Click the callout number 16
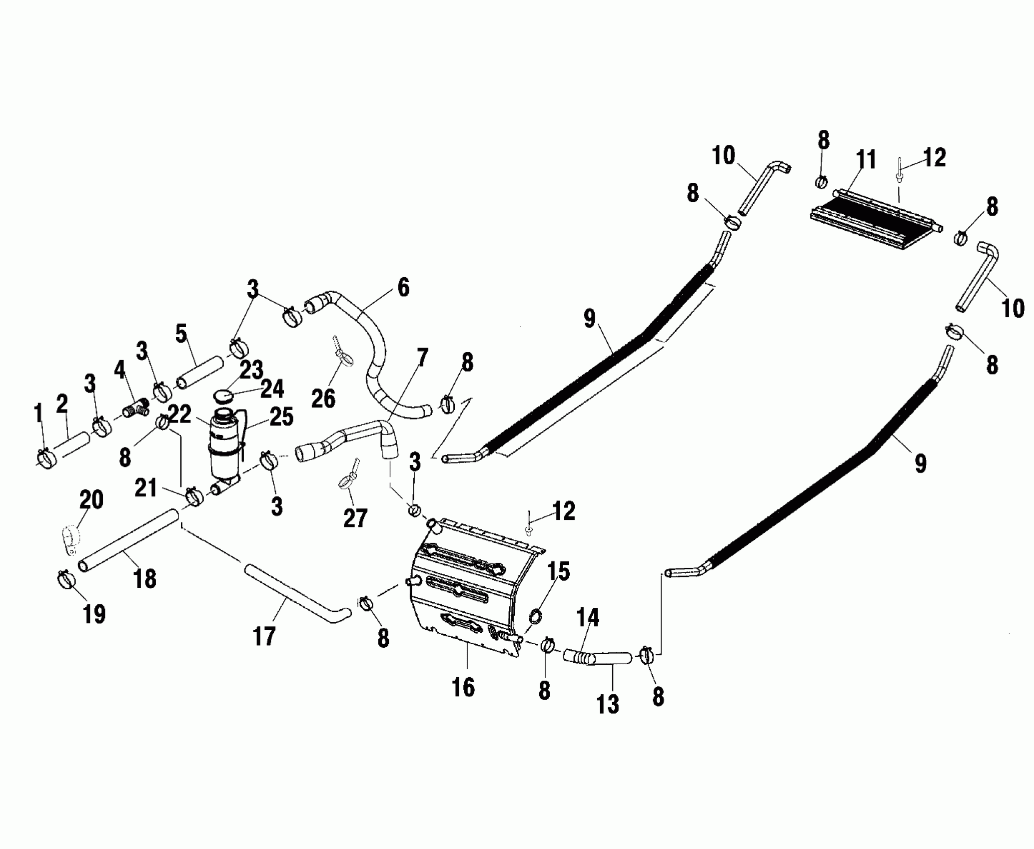(x=462, y=687)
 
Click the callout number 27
(x=355, y=518)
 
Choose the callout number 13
(x=608, y=704)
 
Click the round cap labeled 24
(x=223, y=396)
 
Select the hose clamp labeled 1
(x=46, y=458)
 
